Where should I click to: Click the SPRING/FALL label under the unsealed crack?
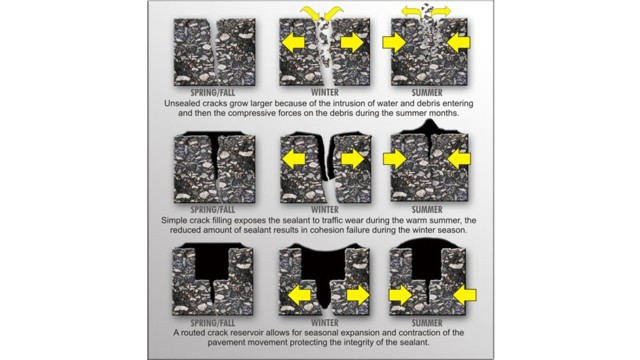click(213, 92)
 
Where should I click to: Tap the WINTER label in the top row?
click(325, 92)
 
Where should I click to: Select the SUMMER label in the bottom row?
click(427, 323)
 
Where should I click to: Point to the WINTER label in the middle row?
click(325, 210)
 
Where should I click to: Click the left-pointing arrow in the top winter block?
click(293, 42)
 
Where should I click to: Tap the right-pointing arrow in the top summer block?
click(394, 42)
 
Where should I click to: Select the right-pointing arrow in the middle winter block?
click(352, 159)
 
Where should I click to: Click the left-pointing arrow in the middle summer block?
click(459, 159)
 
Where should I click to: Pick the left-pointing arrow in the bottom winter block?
click(300, 295)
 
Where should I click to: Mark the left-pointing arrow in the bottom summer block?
click(464, 295)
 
